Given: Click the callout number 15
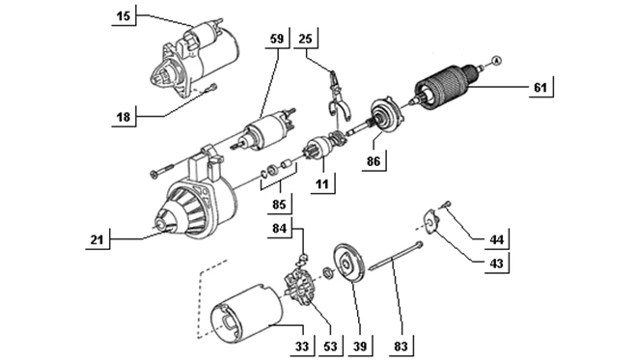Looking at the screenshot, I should pos(124,15).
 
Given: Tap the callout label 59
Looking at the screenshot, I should pos(276,39).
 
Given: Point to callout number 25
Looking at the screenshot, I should pos(306,39).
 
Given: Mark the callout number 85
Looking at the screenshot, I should pos(280,205).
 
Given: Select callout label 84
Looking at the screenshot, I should pos(280,228).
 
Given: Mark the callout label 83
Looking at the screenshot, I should pos(399,344).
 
